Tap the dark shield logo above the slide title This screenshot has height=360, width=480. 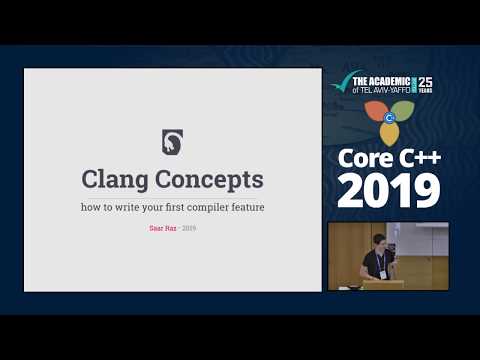pos(172,142)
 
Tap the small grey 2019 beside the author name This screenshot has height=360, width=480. pos(189,229)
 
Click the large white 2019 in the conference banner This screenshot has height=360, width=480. pos(388,190)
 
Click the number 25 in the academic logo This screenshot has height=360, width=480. pos(425,79)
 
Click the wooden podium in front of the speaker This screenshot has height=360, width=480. pos(382,285)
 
